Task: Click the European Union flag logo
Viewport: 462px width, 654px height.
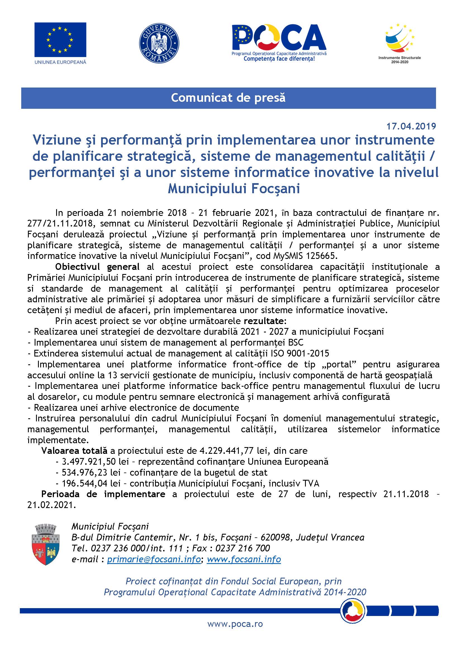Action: click(x=60, y=40)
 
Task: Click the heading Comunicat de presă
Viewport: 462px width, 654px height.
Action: click(x=228, y=98)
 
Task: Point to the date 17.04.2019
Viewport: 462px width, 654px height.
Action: click(x=411, y=126)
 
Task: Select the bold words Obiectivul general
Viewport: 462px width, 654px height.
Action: click(x=97, y=267)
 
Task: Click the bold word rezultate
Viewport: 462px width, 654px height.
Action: click(x=264, y=321)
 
